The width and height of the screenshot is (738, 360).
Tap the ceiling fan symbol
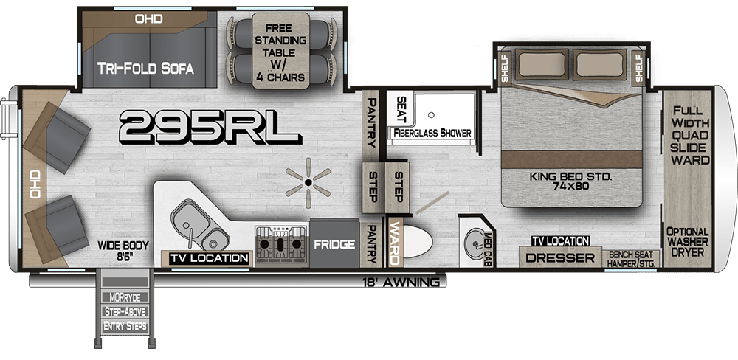(x=308, y=183)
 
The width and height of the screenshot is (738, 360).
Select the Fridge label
(x=334, y=244)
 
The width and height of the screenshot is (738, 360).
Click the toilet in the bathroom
(x=418, y=242)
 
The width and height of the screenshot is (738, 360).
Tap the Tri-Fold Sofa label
(x=145, y=69)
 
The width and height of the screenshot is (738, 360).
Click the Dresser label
(x=560, y=258)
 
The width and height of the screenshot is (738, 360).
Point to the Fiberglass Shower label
(x=432, y=134)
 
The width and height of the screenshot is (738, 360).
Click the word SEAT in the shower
(x=401, y=109)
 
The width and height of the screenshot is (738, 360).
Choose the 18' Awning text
(x=401, y=283)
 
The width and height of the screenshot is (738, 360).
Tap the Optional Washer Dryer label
(x=688, y=242)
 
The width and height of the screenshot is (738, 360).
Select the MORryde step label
(x=125, y=297)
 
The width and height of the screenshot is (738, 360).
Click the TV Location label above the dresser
(x=561, y=241)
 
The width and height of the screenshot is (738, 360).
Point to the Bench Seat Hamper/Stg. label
(x=631, y=259)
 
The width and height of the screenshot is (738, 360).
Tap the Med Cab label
(x=488, y=249)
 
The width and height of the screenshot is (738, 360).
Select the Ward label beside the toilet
(x=394, y=243)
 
